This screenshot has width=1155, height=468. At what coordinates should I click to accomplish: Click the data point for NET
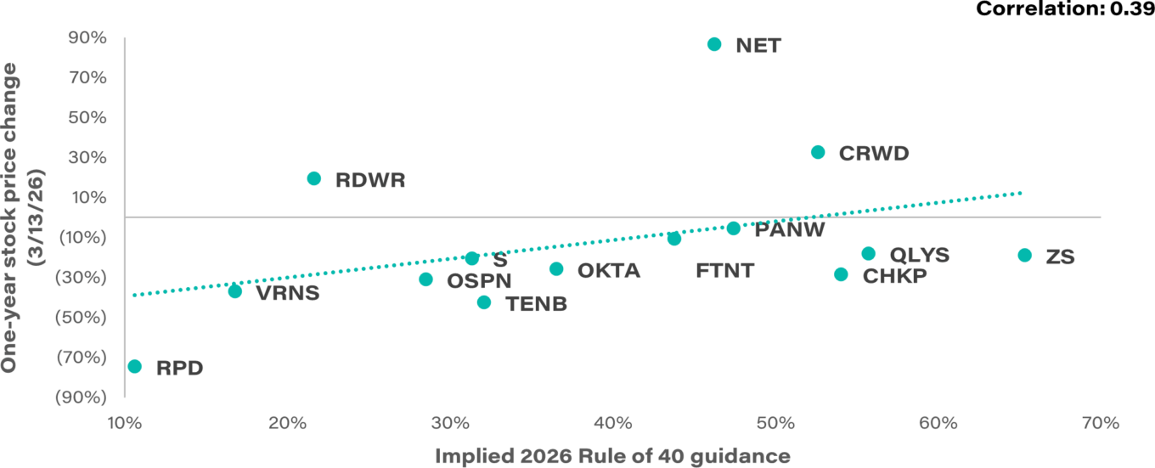[x=714, y=44]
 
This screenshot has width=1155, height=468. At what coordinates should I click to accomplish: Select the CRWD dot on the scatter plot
[x=818, y=152]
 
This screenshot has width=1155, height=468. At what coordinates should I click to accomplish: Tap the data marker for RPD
[x=134, y=366]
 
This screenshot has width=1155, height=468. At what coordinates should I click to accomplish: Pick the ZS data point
[x=1024, y=256]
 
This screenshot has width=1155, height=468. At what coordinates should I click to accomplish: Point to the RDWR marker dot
[x=314, y=178]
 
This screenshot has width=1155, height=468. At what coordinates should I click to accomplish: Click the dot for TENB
[x=484, y=302]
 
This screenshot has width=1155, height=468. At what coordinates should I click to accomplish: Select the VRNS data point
[x=235, y=291]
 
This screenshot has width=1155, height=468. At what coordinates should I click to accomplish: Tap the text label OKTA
[x=608, y=272]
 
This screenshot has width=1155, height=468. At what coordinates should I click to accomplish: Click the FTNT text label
[x=724, y=272]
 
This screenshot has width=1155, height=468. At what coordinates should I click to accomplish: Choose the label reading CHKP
[x=894, y=276]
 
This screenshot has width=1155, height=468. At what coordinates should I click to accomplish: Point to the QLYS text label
[x=919, y=255]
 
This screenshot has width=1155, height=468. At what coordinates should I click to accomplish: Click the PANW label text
[x=789, y=229]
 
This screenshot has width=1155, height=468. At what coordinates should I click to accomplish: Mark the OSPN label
[x=479, y=280]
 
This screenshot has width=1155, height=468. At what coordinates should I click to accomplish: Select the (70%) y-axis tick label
[x=82, y=357]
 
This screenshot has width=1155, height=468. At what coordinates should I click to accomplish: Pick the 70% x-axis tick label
[x=1101, y=422]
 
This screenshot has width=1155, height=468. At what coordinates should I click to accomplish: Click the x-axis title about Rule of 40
[x=612, y=456]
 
